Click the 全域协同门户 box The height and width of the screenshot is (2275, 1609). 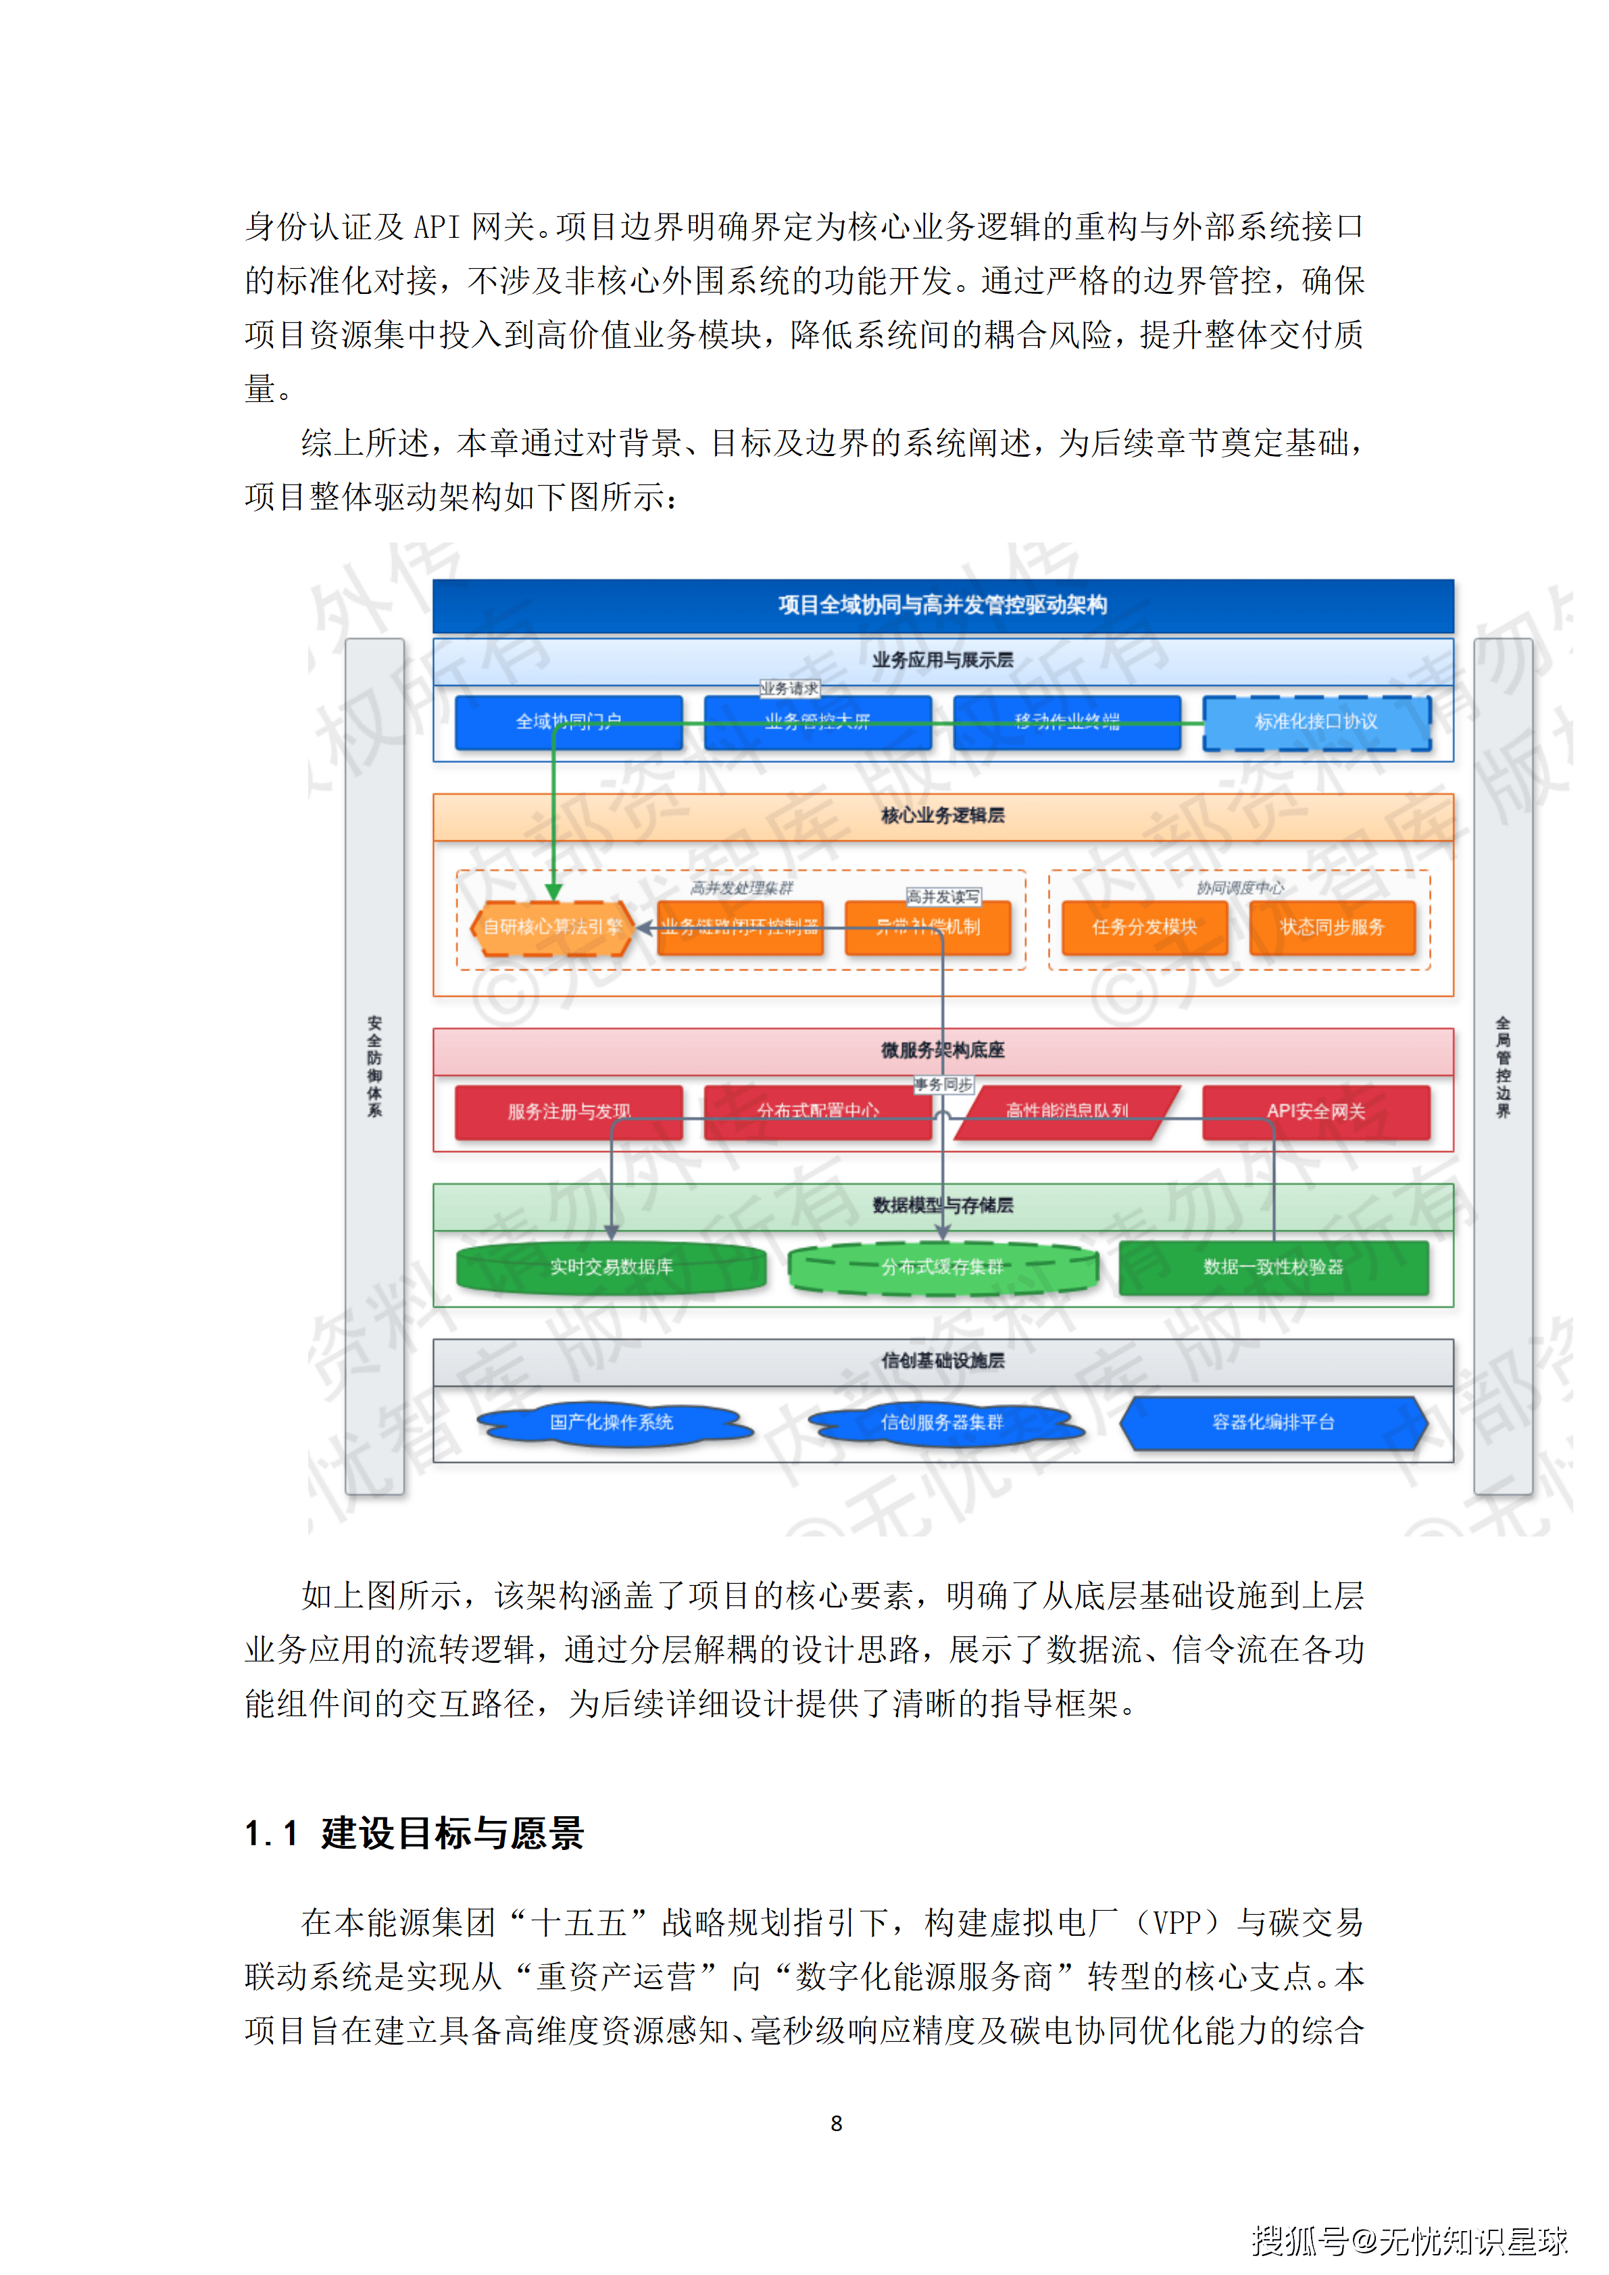click(x=569, y=722)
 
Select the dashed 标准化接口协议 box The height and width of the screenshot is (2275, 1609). click(x=1316, y=722)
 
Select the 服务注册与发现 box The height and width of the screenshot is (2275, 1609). click(x=569, y=1111)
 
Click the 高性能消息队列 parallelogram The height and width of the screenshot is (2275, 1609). click(x=1067, y=1111)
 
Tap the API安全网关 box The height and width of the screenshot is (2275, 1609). click(x=1316, y=1111)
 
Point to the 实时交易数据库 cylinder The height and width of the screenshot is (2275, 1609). click(x=612, y=1268)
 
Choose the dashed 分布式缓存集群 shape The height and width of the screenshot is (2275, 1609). click(x=942, y=1268)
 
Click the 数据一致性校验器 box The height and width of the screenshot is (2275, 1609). click(x=1273, y=1268)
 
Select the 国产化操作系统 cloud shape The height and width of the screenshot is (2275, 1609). click(x=612, y=1423)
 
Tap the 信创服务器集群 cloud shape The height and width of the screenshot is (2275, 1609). click(x=942, y=1423)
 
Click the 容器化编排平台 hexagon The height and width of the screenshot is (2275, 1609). click(x=1273, y=1423)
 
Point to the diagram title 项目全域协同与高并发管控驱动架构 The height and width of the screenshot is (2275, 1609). click(x=942, y=605)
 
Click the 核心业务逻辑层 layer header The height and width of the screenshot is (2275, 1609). click(x=942, y=816)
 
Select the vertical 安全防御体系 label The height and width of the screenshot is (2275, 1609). click(x=374, y=1066)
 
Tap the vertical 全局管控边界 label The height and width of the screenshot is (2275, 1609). click(x=1502, y=1066)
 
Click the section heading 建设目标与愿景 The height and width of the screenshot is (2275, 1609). click(x=452, y=1833)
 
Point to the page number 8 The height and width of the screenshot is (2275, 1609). click(x=836, y=2124)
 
